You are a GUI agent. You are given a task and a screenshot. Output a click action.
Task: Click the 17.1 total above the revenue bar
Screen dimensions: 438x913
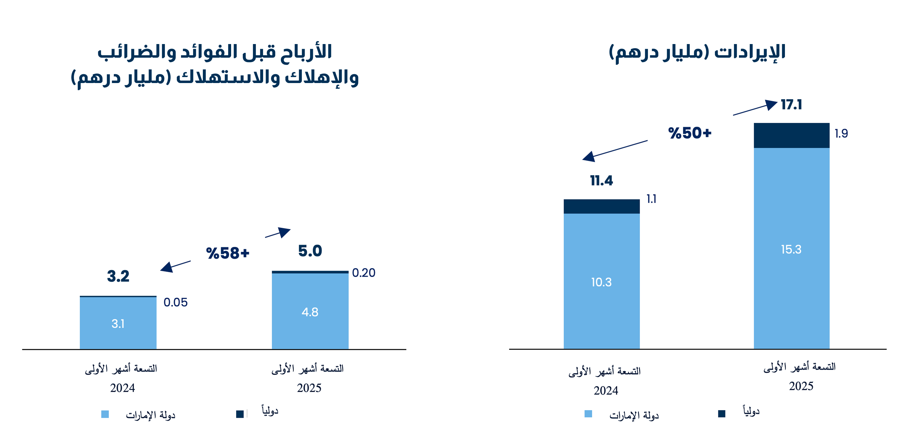pyautogui.click(x=791, y=105)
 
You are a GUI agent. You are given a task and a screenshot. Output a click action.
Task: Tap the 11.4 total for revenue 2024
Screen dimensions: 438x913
pyautogui.click(x=601, y=181)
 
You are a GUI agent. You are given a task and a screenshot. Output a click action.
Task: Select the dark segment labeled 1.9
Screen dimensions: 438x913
pyautogui.click(x=792, y=135)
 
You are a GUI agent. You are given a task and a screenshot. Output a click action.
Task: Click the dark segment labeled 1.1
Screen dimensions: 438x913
pyautogui.click(x=601, y=206)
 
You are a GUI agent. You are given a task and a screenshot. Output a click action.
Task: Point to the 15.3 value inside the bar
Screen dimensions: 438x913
pyautogui.click(x=791, y=249)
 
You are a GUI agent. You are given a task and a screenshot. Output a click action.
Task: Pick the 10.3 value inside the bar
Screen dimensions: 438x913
pyautogui.click(x=601, y=282)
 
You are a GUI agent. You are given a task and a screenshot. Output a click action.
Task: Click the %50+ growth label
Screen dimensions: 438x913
pyautogui.click(x=690, y=133)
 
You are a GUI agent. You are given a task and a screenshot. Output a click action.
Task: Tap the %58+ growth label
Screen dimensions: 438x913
pyautogui.click(x=228, y=253)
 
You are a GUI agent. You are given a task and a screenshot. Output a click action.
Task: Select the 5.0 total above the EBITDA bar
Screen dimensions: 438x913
pyautogui.click(x=310, y=251)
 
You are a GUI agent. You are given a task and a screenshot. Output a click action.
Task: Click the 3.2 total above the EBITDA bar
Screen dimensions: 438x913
pyautogui.click(x=118, y=276)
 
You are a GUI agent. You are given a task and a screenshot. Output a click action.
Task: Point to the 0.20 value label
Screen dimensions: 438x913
pyautogui.click(x=364, y=273)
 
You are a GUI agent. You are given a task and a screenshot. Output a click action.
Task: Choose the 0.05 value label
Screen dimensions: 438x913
pyautogui.click(x=175, y=302)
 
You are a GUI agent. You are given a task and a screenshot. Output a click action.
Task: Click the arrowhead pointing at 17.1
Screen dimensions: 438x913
pyautogui.click(x=771, y=105)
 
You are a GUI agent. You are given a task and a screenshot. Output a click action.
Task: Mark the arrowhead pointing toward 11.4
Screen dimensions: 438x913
pyautogui.click(x=589, y=157)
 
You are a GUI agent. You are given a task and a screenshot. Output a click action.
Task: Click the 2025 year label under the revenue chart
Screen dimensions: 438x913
pyautogui.click(x=801, y=386)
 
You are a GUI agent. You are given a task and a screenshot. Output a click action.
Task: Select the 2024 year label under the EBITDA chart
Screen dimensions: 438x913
pyautogui.click(x=122, y=388)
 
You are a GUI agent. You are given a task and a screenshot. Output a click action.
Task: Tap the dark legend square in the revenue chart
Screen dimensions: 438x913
pyautogui.click(x=722, y=414)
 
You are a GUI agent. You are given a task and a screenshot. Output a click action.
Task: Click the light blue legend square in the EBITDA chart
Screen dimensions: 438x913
pyautogui.click(x=105, y=414)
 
